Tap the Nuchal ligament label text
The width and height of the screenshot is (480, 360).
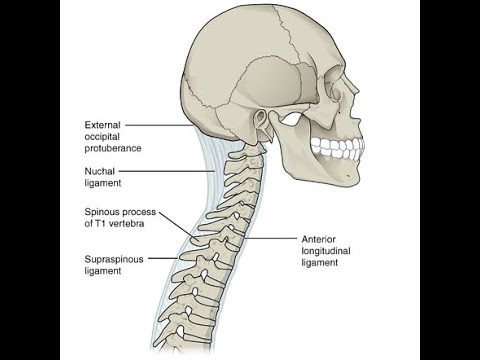103,177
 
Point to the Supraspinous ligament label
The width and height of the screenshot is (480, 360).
115,264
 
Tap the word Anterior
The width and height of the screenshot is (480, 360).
319,240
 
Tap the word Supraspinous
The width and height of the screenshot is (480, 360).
115,258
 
